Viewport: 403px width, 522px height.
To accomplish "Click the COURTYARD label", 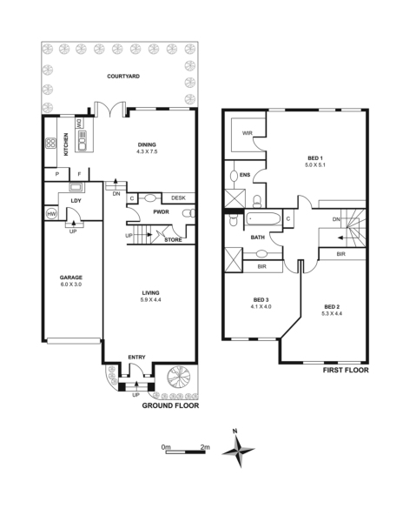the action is click(123, 77).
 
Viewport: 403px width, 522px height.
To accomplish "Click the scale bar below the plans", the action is click(185, 452).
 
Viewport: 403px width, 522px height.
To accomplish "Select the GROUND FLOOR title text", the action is click(170, 405).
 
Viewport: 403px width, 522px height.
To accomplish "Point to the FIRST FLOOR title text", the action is click(346, 371).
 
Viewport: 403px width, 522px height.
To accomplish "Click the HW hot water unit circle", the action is click(51, 214).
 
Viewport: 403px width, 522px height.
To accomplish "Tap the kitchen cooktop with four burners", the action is click(51, 144).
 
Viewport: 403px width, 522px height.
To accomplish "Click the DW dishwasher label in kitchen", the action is click(80, 124).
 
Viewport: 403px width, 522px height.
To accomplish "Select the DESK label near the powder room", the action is click(178, 198).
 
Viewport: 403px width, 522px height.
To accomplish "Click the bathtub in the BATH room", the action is click(263, 218).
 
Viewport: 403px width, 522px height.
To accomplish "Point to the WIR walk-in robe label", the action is click(248, 133).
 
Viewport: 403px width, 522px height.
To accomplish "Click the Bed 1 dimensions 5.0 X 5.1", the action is click(315, 164).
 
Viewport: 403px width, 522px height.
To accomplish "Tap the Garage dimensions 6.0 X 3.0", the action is click(70, 284).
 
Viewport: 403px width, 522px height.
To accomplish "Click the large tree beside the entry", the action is click(178, 378).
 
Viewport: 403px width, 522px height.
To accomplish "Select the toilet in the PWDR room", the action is click(189, 213).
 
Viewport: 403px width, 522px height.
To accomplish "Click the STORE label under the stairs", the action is click(173, 240).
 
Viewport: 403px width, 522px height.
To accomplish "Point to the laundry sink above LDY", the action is click(76, 187).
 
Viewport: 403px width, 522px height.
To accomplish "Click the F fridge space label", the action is click(79, 174).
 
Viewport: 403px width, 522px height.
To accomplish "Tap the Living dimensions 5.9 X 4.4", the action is click(150, 299).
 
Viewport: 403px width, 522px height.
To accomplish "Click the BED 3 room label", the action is click(261, 300).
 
